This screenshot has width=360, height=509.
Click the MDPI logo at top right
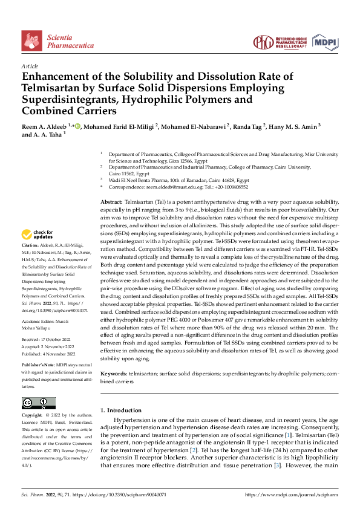coord(325,41)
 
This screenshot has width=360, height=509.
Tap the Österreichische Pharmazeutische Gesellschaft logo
coord(279,41)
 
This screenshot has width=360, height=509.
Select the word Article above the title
coord(30,65)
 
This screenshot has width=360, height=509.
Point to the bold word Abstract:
coord(111,201)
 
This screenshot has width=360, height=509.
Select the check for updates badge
coord(38,235)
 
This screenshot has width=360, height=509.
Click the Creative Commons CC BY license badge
coord(38,404)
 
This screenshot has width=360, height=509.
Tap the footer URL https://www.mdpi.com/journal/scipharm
coord(292,494)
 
